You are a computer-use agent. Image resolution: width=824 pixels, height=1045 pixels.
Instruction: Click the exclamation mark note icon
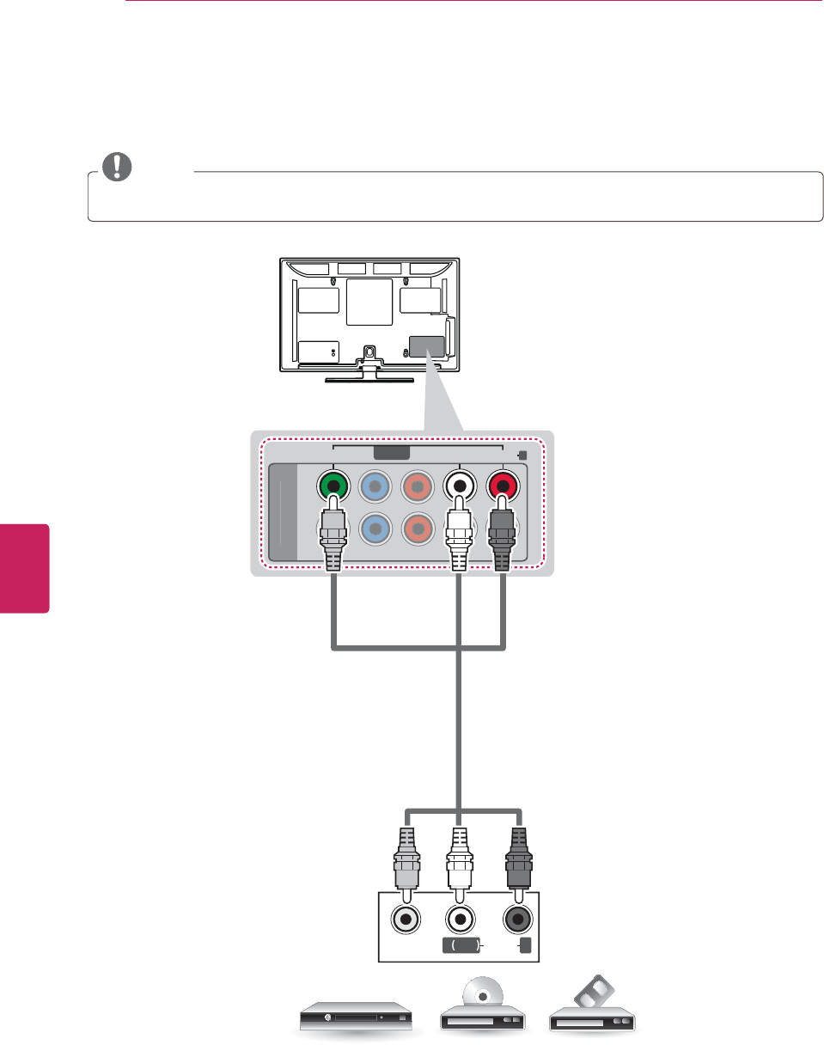click(x=116, y=167)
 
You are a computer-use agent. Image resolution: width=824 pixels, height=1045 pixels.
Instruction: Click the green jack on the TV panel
click(x=333, y=486)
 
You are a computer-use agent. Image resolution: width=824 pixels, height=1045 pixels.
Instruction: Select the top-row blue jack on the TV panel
click(x=375, y=486)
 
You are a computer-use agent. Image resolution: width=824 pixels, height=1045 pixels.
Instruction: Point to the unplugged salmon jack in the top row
click(x=417, y=486)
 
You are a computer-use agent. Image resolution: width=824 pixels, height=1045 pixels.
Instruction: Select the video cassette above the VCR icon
click(x=592, y=994)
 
